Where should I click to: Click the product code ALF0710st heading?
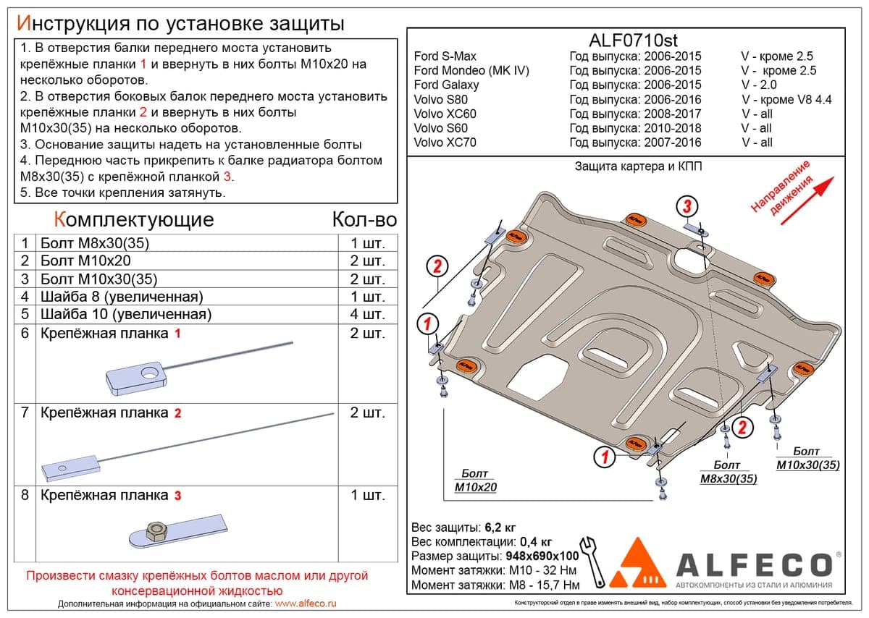[633, 41]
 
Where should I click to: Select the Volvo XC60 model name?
[445, 114]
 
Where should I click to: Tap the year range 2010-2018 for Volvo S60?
[673, 128]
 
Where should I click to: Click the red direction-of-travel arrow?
[807, 201]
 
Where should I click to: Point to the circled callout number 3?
[687, 206]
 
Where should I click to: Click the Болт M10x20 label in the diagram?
[475, 481]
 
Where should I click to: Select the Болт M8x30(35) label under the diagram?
[729, 472]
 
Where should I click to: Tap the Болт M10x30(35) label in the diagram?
[807, 458]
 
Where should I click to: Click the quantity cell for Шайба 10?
[367, 315]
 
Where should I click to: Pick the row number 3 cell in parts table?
[25, 279]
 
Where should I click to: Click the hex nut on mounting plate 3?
[156, 530]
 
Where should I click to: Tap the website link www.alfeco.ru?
[306, 604]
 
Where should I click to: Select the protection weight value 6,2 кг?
[500, 528]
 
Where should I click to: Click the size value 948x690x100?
[542, 556]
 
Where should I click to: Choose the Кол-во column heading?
[364, 220]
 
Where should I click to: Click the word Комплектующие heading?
[134, 220]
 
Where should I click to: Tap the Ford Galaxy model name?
[446, 85]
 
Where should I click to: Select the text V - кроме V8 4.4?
[786, 100]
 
